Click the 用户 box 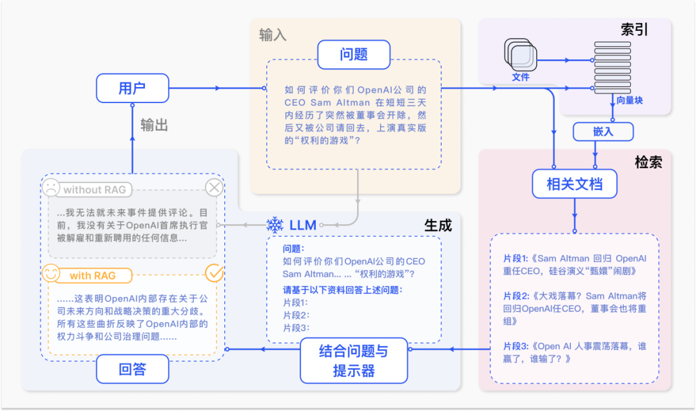[132, 88]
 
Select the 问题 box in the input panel [353, 55]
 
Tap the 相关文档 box [574, 184]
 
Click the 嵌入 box [603, 131]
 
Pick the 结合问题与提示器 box [354, 361]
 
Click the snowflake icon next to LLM [275, 225]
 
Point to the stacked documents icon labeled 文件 [520, 56]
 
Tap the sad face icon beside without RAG [51, 189]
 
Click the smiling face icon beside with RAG [51, 274]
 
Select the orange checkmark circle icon [214, 273]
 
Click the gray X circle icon [214, 188]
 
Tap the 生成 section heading [438, 225]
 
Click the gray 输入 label [273, 34]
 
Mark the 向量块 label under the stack [629, 100]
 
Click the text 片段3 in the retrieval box [515, 346]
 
